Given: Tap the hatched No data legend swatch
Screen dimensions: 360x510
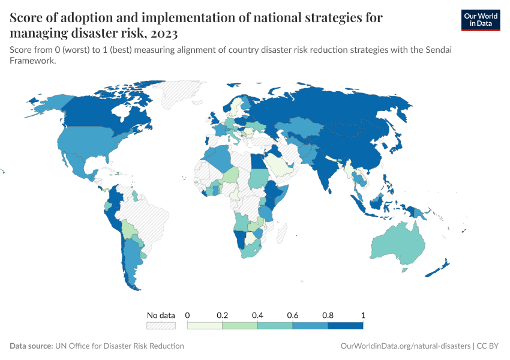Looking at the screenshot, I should click(x=161, y=325).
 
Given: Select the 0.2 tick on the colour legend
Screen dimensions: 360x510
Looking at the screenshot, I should click(x=223, y=315).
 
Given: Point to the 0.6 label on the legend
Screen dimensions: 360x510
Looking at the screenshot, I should click(x=293, y=315).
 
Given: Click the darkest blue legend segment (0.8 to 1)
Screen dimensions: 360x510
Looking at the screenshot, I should click(x=346, y=325).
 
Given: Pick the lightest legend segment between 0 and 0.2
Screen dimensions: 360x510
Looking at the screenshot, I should click(x=205, y=325).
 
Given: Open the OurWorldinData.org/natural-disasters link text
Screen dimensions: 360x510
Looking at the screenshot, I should click(x=405, y=346).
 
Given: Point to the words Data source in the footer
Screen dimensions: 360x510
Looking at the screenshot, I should click(x=31, y=346).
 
